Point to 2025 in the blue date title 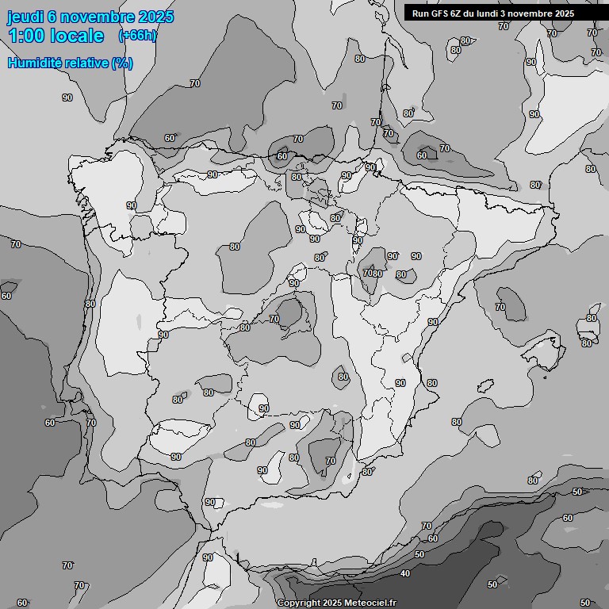tap(155, 17)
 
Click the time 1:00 tap(26, 36)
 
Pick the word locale tap(78, 36)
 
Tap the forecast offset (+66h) tap(136, 36)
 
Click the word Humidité tap(36, 63)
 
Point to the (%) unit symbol tap(122, 63)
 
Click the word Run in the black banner tap(420, 13)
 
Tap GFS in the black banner tap(439, 13)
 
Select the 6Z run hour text tap(458, 13)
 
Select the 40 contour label tap(405, 573)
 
